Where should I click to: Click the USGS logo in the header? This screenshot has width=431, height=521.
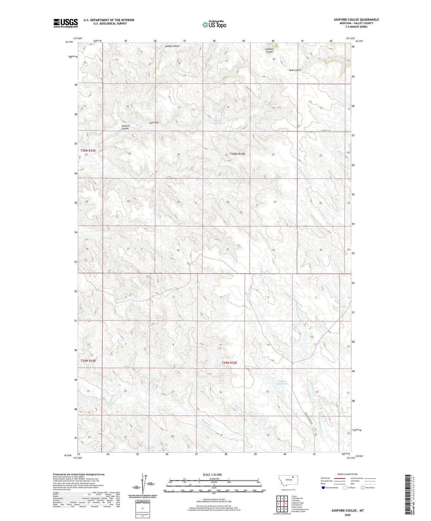pos(66,23)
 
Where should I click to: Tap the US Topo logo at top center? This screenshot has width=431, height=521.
pos(214,24)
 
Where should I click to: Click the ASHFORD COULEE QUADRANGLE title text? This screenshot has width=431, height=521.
pos(356,20)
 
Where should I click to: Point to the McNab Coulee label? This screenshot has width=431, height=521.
pos(172,46)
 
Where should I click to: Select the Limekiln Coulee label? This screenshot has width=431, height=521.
pos(269,50)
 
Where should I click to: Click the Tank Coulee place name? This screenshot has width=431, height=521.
pos(295,70)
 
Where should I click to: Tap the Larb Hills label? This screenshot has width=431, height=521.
pos(154,123)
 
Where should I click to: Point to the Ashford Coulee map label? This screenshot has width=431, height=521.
pos(125,127)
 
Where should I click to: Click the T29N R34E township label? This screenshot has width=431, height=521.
pos(88,360)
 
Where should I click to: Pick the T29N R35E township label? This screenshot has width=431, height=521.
pos(229,363)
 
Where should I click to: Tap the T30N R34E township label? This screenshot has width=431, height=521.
pos(88,151)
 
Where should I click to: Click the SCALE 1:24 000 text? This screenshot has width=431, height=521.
pos(212,474)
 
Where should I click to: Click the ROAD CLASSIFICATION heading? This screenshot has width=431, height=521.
pos(347,474)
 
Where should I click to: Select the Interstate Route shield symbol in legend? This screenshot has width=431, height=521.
pos(323,488)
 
